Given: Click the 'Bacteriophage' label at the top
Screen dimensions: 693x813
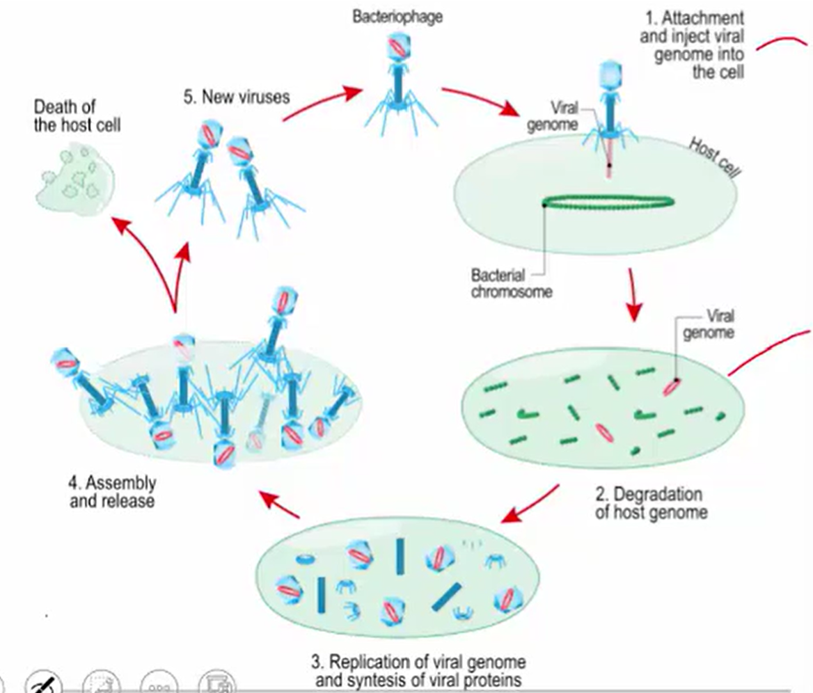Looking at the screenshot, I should point(397,16).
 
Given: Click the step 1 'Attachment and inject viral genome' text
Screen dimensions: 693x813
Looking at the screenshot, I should point(692,45).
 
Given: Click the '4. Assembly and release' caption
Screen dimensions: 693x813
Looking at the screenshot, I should point(112,491).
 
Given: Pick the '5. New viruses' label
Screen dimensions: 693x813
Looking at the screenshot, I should point(236,97).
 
